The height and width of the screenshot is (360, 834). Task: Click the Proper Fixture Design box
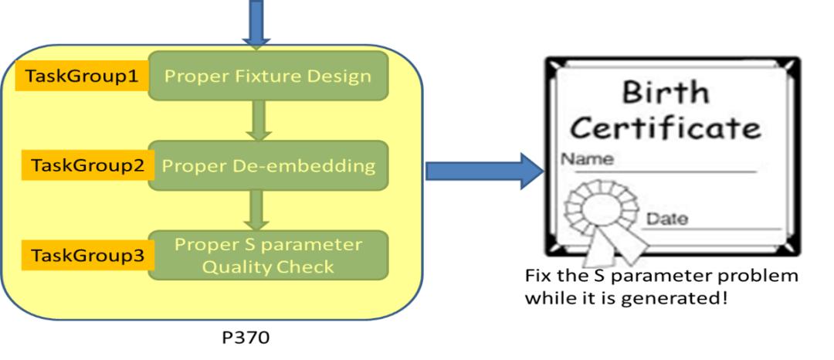click(268, 76)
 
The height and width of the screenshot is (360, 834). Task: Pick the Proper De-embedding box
click(268, 165)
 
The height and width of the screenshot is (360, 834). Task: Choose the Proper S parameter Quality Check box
click(268, 255)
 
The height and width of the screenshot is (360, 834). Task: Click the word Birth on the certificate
click(665, 92)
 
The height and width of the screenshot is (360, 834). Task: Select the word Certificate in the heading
click(665, 127)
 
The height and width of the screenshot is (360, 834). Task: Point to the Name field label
click(587, 159)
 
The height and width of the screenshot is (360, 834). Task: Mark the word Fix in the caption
click(537, 277)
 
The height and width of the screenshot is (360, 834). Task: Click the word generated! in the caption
click(680, 299)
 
